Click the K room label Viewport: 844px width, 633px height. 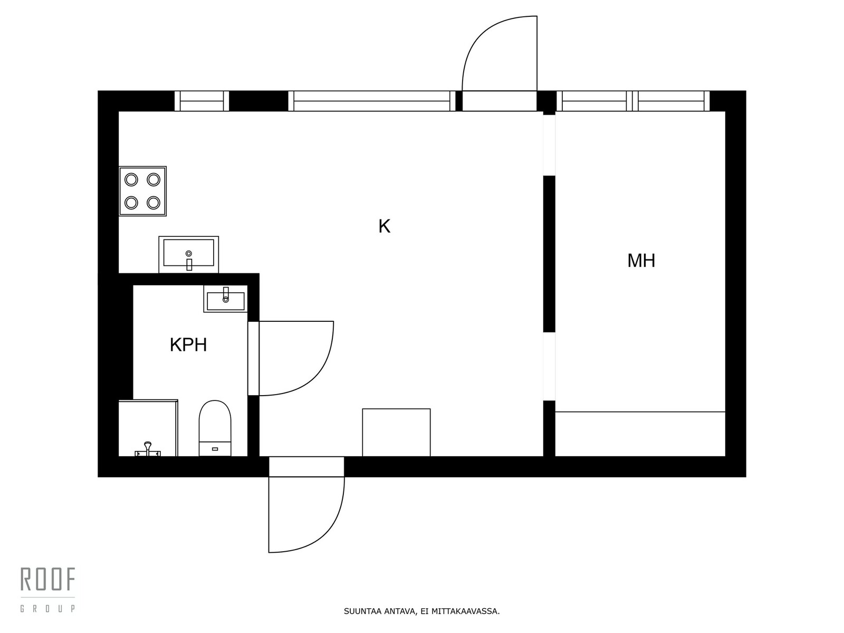tap(384, 226)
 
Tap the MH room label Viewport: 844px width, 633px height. tap(641, 261)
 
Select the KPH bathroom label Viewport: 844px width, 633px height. tap(188, 345)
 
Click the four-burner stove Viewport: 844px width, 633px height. tap(142, 191)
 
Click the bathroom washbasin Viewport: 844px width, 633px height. tap(225, 299)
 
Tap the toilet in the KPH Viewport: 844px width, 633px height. tap(215, 427)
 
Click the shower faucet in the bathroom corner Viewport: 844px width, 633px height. tap(148, 449)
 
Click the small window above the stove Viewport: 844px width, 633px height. tap(202, 101)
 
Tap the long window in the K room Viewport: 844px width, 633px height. tap(372, 101)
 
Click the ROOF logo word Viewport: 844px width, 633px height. tap(48, 580)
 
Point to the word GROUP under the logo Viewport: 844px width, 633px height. tap(48, 609)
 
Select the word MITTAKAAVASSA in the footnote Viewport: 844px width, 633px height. tap(465, 612)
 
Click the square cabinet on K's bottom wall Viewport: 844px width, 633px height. tap(396, 433)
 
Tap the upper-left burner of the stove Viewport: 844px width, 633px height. tap(131, 180)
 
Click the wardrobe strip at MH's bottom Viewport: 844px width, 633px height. tap(640, 434)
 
